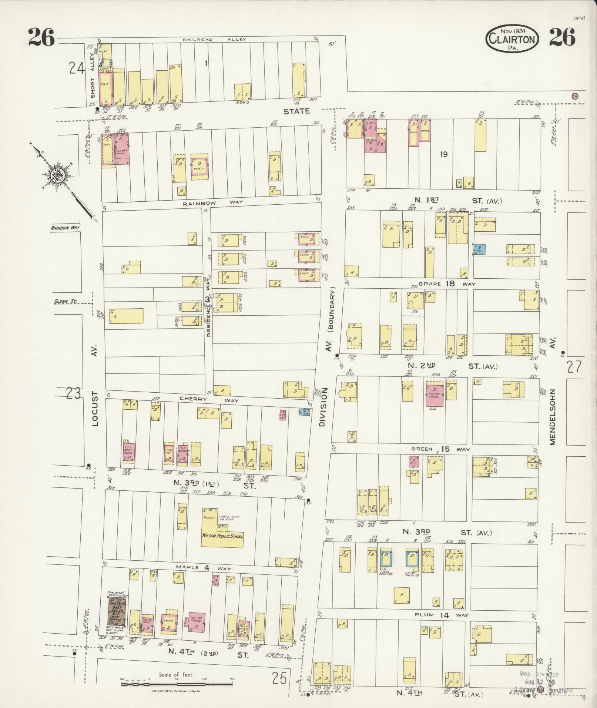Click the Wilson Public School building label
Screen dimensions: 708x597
coord(222,536)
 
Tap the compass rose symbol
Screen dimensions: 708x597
coord(59,176)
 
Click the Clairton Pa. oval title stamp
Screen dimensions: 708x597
coord(512,38)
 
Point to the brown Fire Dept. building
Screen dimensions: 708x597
coord(116,612)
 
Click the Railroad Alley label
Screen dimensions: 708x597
coord(214,39)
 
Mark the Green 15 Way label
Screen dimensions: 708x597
coord(440,449)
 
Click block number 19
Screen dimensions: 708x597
coord(443,154)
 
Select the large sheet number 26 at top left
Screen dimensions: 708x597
coord(41,38)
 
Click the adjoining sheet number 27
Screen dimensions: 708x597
coord(574,366)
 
